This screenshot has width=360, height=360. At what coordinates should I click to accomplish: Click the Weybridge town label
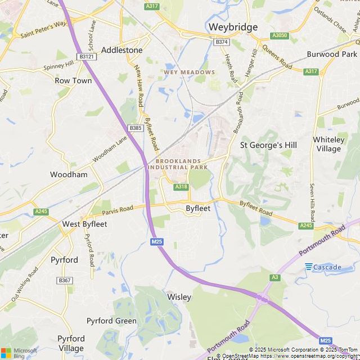[x=233, y=27]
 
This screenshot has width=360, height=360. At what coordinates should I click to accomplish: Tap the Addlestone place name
[x=122, y=50]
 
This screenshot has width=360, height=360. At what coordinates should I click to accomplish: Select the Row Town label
[x=73, y=80]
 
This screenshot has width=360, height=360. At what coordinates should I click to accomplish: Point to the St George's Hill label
[x=268, y=145]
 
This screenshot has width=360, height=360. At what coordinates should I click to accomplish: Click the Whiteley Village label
[x=328, y=144]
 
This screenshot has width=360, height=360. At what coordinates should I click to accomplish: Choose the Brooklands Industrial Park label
[x=182, y=164]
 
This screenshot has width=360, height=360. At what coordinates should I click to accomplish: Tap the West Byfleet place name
[x=84, y=224]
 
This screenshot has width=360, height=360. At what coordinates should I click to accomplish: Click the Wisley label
[x=179, y=296]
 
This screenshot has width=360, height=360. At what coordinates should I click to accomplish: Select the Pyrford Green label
[x=111, y=321]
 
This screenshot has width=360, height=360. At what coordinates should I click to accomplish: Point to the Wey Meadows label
[x=189, y=72]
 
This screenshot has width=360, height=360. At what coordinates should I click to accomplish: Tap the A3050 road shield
[x=280, y=35]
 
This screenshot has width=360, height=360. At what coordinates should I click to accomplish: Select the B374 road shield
[x=222, y=42]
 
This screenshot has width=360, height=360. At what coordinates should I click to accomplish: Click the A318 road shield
[x=181, y=187]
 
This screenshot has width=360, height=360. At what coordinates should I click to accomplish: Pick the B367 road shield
[x=65, y=280]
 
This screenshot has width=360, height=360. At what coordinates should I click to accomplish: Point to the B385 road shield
[x=135, y=128]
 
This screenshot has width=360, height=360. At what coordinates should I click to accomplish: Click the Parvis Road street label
[x=118, y=210]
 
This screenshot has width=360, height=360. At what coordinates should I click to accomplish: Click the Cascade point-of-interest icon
[x=309, y=267]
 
